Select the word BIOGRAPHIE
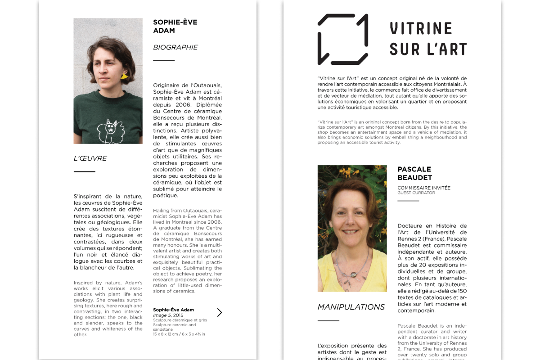[175, 47]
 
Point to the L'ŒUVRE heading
[90, 158]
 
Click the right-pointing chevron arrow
[219, 312]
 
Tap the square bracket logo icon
[343, 39]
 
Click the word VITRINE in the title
[414, 29]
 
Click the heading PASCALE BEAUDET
[414, 173]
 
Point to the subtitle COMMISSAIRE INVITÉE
[424, 188]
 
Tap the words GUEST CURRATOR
[416, 193]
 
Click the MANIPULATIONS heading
[351, 307]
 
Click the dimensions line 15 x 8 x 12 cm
[179, 334]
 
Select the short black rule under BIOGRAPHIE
[164, 60]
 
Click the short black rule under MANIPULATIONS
[328, 321]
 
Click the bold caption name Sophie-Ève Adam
[173, 310]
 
